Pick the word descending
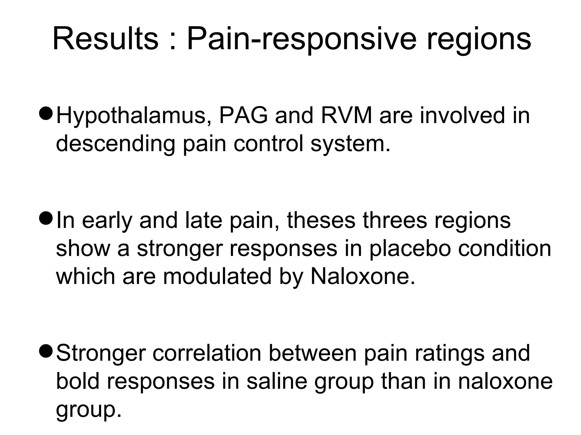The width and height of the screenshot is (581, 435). click(115, 144)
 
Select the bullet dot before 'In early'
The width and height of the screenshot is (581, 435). click(45, 218)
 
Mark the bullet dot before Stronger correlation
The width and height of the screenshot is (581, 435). click(45, 351)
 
